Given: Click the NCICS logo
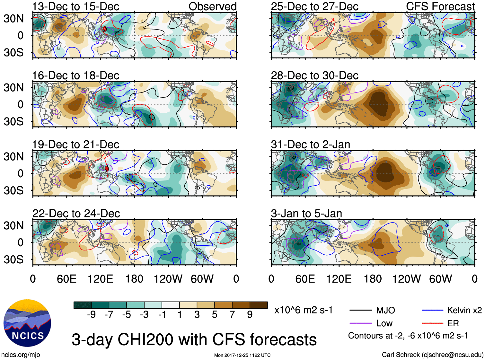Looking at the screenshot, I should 27,323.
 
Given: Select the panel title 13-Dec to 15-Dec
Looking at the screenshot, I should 76,6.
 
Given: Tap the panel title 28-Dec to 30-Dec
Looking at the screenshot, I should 314,76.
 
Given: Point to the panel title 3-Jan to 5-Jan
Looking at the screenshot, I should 306,214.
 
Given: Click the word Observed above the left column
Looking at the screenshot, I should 212,6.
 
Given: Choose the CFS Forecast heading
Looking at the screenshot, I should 440,6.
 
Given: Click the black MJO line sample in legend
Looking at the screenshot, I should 360,310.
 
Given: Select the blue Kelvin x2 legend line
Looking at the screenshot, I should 432,310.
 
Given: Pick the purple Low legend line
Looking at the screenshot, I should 360,323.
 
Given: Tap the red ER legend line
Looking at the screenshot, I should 432,323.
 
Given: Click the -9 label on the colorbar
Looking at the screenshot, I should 91,315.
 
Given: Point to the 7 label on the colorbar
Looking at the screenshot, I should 232,315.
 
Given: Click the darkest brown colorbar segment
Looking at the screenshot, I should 259,305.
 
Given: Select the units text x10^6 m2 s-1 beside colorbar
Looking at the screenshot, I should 303,310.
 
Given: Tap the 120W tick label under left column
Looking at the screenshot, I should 168,279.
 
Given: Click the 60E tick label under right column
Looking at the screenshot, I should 305,279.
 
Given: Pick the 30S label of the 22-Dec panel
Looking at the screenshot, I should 13,259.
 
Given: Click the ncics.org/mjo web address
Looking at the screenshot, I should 21,355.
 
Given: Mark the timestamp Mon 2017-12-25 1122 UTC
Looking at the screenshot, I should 242,355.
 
